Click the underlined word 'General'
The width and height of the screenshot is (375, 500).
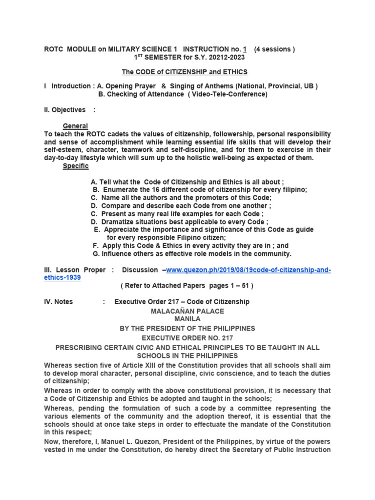pyautogui.click(x=75, y=126)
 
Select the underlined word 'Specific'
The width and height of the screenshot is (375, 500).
pyautogui.click(x=76, y=166)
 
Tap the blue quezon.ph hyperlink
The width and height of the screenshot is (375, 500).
pyautogui.click(x=248, y=270)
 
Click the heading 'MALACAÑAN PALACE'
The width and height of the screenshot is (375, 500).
pyautogui.click(x=188, y=311)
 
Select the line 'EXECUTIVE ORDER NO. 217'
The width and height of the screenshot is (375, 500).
pyautogui.click(x=187, y=337)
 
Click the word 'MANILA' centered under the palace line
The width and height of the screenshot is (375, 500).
pyautogui.click(x=187, y=319)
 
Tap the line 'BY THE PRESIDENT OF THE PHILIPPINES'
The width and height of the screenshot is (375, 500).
pyautogui.click(x=187, y=328)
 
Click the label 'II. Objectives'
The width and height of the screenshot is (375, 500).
pyautogui.click(x=64, y=110)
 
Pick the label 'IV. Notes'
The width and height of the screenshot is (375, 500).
pyautogui.click(x=58, y=302)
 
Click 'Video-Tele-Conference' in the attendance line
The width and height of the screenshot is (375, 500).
pyautogui.click(x=229, y=94)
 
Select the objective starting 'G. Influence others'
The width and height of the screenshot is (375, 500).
pyautogui.click(x=192, y=254)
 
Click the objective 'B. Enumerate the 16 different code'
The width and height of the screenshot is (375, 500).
pyautogui.click(x=199, y=190)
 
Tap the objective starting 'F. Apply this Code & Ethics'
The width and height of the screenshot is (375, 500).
pyautogui.click(x=190, y=246)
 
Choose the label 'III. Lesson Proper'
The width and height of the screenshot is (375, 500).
pyautogui.click(x=75, y=270)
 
